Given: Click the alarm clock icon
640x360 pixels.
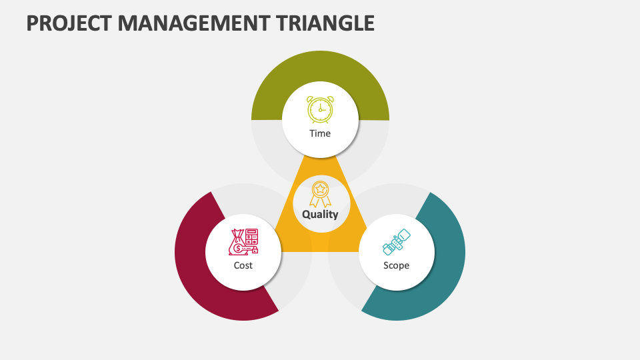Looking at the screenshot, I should coord(320,109).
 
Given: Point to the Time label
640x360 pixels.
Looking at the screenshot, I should coord(320,133).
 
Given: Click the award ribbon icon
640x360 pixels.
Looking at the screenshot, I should coord(320,193).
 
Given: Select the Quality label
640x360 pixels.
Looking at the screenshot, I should coord(320,215).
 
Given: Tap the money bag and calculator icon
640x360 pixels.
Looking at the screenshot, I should coord(243,242).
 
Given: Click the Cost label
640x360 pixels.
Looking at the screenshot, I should coord(243,265).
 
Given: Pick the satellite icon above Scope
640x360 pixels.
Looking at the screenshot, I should coord(397,242).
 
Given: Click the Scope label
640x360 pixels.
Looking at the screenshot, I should coord(396,265).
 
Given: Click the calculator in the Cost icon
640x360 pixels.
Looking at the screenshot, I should coord(252,235).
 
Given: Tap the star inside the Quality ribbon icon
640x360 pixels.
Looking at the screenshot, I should coord(320,189).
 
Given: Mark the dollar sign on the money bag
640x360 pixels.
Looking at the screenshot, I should coord(238,248).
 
